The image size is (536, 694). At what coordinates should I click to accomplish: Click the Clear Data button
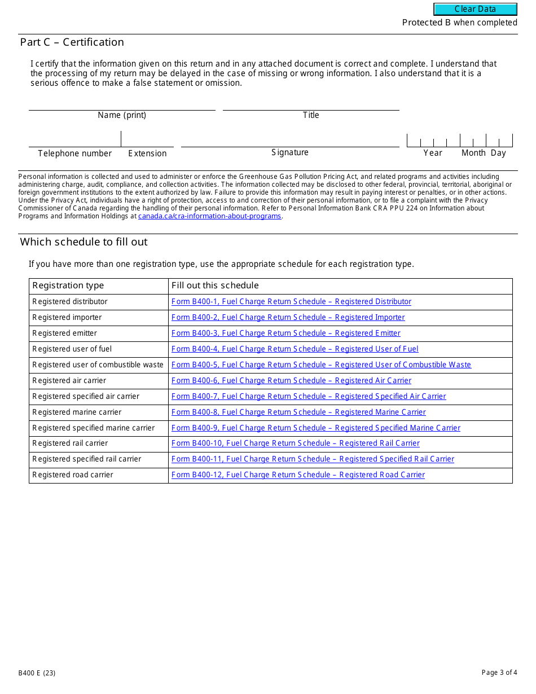click(475, 9)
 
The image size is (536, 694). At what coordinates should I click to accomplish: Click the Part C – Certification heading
click(72, 42)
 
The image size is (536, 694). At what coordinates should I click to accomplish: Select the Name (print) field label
click(122, 115)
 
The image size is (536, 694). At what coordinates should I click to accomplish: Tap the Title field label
click(311, 115)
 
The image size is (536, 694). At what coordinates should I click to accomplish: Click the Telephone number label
click(75, 153)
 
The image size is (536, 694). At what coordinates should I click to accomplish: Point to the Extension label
click(147, 153)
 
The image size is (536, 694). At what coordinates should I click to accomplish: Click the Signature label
click(290, 152)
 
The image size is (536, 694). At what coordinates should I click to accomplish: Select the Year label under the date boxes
click(433, 153)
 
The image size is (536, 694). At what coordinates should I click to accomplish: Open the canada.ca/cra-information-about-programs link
click(210, 216)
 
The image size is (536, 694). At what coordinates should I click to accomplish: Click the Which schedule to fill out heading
click(84, 242)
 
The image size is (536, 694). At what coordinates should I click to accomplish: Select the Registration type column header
click(68, 285)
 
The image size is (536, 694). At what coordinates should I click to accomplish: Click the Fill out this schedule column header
click(215, 285)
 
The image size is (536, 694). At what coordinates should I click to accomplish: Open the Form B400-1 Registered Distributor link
click(291, 302)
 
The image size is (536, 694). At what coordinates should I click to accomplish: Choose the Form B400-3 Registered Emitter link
click(285, 333)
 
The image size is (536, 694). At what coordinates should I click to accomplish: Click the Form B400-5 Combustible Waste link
click(321, 365)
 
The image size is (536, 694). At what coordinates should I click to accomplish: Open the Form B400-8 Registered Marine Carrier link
click(298, 412)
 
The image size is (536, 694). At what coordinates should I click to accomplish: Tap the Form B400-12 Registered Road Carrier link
click(298, 475)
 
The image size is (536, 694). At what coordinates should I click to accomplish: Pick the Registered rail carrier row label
click(71, 443)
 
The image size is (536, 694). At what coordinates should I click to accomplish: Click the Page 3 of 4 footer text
click(499, 673)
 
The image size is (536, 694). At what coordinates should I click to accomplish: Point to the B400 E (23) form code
click(37, 673)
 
